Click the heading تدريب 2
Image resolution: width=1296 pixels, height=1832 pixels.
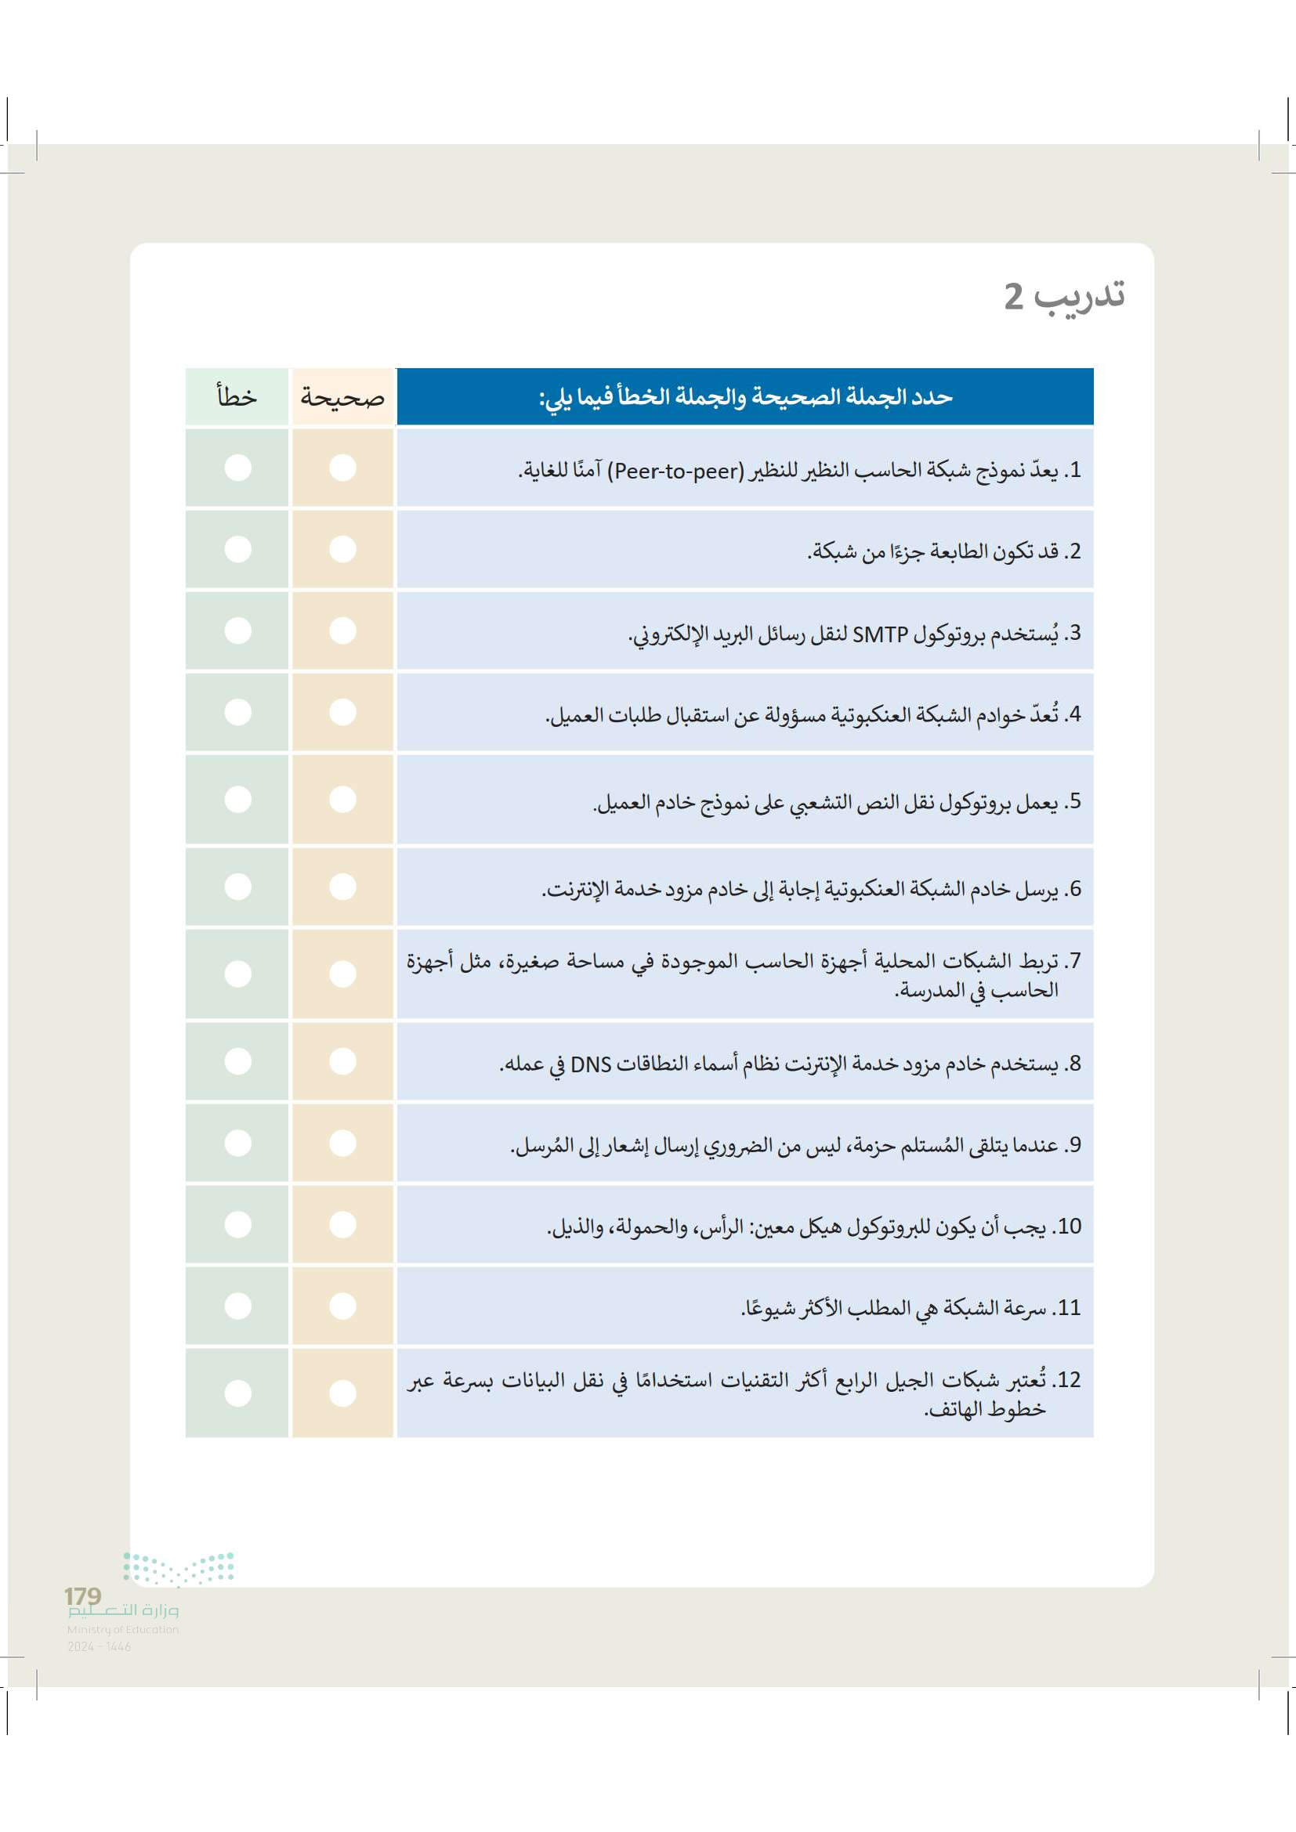click(x=1064, y=297)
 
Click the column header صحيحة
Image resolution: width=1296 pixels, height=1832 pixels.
click(x=342, y=396)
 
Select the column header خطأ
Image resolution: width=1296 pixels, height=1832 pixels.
click(x=237, y=396)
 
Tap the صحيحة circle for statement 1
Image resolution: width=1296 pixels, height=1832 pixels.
click(x=342, y=468)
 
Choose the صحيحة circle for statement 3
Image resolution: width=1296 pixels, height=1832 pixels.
click(x=342, y=631)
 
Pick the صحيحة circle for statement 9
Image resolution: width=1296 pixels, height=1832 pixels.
click(x=342, y=1143)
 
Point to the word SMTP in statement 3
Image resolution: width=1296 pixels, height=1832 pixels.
click(x=880, y=634)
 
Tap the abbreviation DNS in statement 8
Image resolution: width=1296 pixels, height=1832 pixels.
click(x=592, y=1064)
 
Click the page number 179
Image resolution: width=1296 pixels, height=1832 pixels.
click(x=83, y=1595)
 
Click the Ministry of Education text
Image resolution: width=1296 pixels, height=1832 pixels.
click(x=123, y=1629)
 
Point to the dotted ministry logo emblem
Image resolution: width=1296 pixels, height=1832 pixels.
click(x=179, y=1568)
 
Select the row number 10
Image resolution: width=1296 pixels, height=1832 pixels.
click(x=1069, y=1227)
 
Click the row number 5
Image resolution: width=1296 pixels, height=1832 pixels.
click(x=1075, y=801)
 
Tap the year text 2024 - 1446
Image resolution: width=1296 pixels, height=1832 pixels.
click(x=99, y=1646)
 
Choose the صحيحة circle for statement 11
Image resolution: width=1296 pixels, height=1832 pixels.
click(x=342, y=1306)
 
